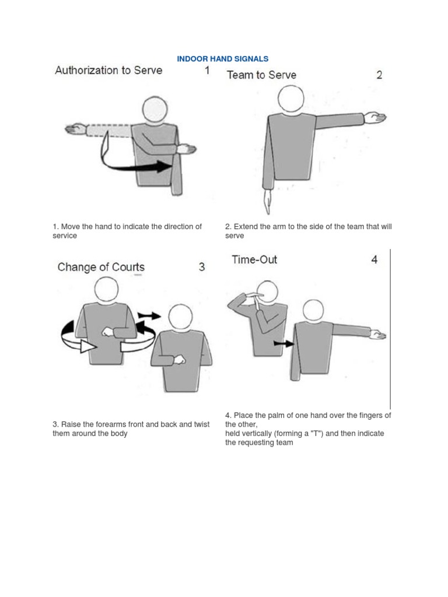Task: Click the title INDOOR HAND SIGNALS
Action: [x=222, y=59]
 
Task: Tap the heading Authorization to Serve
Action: [x=108, y=71]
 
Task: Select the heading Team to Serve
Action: [x=261, y=75]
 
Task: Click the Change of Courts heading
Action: [x=101, y=267]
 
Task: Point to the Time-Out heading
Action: [x=254, y=259]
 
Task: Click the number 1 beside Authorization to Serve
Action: [x=207, y=71]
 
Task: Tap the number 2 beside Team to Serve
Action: [x=379, y=75]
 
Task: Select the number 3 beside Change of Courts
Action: [x=202, y=267]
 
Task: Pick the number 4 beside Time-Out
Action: [x=374, y=259]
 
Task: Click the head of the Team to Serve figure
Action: [x=290, y=99]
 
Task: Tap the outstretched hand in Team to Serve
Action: [x=375, y=118]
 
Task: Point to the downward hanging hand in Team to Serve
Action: [x=267, y=202]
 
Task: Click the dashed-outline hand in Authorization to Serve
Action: [x=76, y=129]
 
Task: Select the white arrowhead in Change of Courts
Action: [x=87, y=346]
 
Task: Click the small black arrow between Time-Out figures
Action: [x=284, y=344]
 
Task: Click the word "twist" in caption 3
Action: [x=201, y=424]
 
